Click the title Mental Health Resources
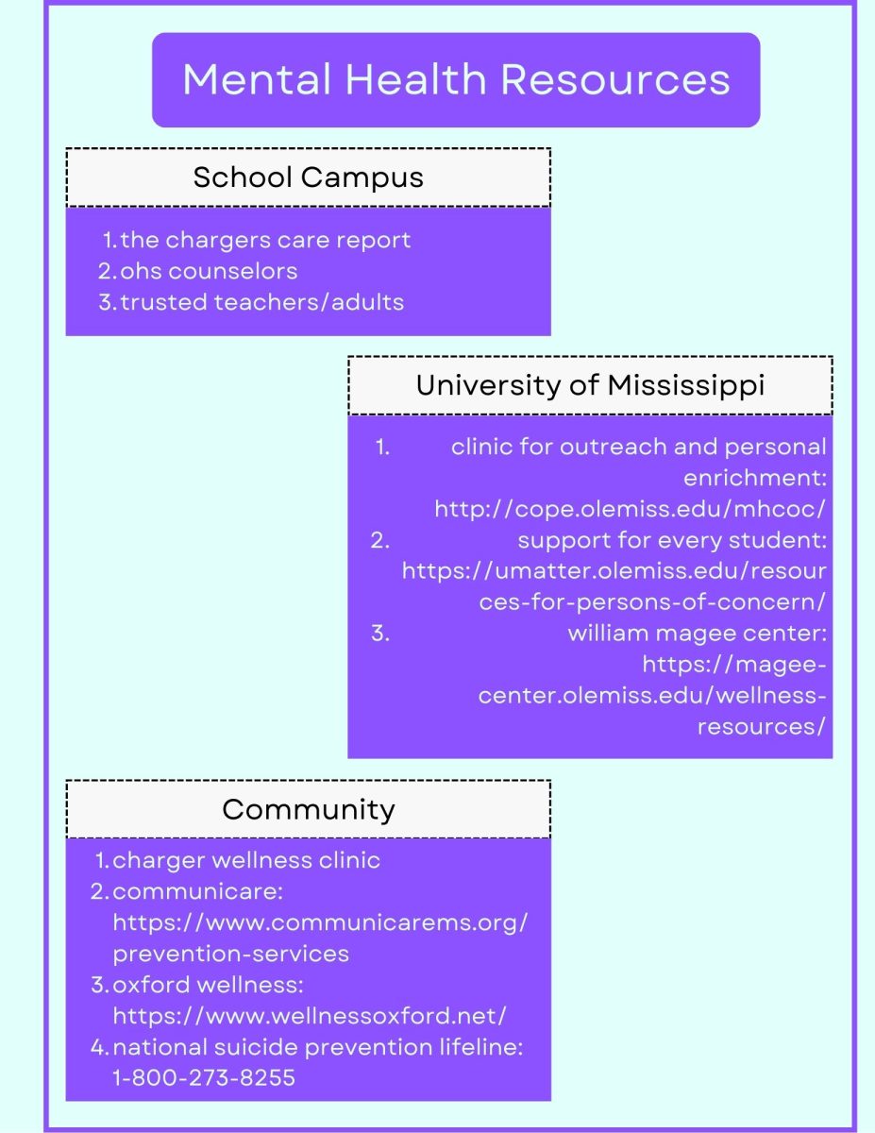pyautogui.click(x=456, y=79)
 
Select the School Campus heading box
pyautogui.click(x=308, y=178)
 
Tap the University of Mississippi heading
pyautogui.click(x=590, y=386)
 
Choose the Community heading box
pyautogui.click(x=308, y=809)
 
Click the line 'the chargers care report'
pyautogui.click(x=265, y=240)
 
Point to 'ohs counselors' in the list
pyautogui.click(x=209, y=271)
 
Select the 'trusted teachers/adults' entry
pyautogui.click(x=261, y=302)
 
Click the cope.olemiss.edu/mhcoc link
pyautogui.click(x=630, y=509)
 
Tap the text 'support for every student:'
pyautogui.click(x=671, y=541)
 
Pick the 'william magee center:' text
pyautogui.click(x=697, y=634)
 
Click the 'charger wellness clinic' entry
pyautogui.click(x=246, y=860)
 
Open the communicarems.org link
pyautogui.click(x=320, y=922)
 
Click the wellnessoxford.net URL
pyautogui.click(x=310, y=1016)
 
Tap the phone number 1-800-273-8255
pyautogui.click(x=204, y=1077)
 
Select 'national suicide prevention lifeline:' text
pyautogui.click(x=317, y=1046)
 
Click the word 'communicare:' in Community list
pyautogui.click(x=198, y=891)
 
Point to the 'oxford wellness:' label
pyautogui.click(x=208, y=985)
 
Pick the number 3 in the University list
pyautogui.click(x=379, y=634)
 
